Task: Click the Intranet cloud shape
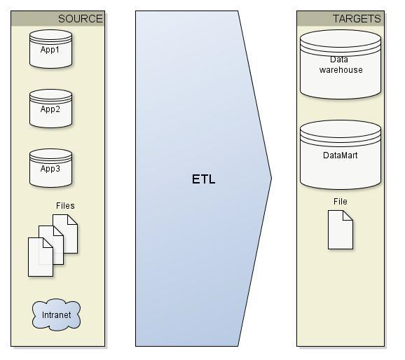click(56, 315)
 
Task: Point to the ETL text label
click(203, 179)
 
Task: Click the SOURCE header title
click(80, 19)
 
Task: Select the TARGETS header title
click(357, 19)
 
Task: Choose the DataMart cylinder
click(340, 155)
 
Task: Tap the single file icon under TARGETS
click(341, 230)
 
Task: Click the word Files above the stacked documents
click(65, 206)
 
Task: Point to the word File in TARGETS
click(340, 202)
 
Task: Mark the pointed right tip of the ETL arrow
click(270, 178)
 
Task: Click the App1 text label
click(50, 50)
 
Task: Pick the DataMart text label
click(340, 155)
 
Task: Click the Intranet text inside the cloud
click(56, 315)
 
